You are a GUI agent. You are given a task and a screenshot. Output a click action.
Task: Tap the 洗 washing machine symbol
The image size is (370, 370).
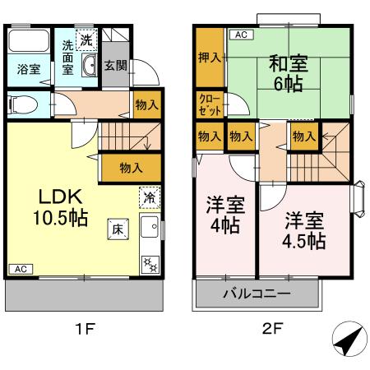86,37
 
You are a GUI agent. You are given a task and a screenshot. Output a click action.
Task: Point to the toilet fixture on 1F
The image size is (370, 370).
21,104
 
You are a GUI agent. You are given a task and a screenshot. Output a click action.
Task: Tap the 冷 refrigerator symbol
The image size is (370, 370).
150,197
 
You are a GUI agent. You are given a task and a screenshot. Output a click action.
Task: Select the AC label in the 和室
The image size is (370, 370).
241,35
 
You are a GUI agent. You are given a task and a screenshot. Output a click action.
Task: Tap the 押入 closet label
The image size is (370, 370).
209,59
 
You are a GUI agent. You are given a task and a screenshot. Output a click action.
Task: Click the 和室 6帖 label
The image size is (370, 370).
287,71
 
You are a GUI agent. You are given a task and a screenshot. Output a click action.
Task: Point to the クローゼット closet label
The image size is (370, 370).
209,104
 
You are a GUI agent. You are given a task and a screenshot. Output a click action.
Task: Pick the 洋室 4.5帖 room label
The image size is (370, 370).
305,230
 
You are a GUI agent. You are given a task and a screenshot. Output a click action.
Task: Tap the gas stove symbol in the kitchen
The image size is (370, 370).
150,263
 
